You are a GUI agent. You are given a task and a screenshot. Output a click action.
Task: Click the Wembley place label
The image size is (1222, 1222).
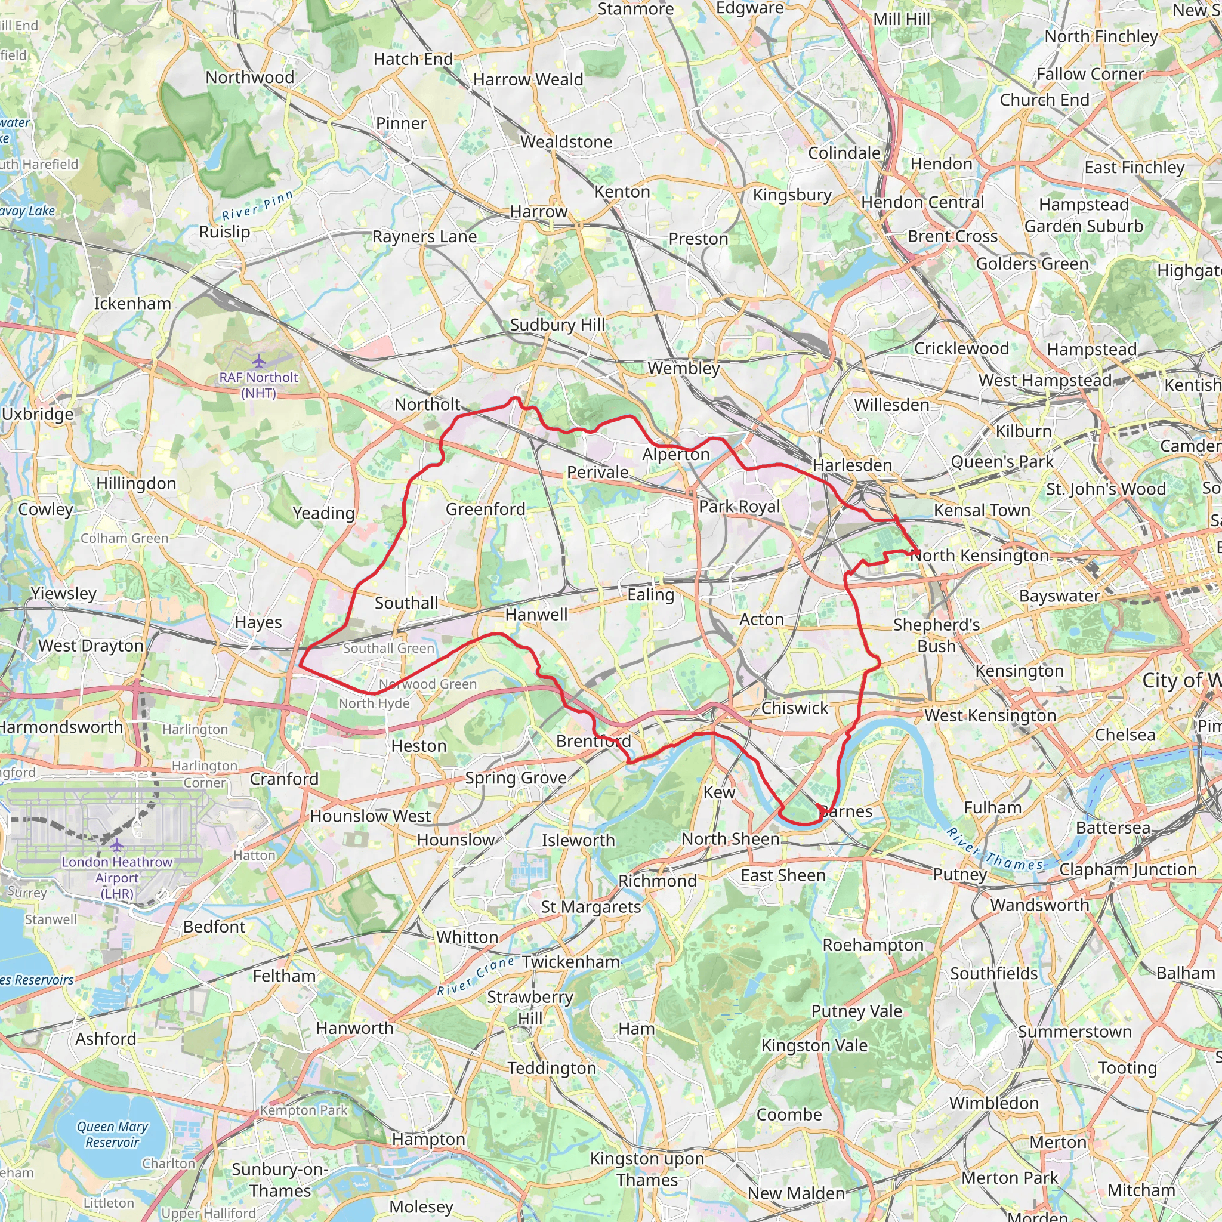[x=683, y=368]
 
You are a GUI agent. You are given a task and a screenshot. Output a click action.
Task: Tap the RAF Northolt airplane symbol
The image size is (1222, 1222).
[x=259, y=362]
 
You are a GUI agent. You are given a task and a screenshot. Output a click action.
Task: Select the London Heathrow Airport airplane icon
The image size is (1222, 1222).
[x=117, y=845]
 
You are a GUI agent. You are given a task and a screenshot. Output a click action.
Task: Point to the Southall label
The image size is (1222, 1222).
[x=406, y=603]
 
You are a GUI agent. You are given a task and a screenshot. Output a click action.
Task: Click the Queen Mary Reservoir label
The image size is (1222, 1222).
[x=112, y=1134]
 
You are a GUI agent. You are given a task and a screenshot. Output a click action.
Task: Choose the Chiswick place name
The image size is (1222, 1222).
[x=794, y=708]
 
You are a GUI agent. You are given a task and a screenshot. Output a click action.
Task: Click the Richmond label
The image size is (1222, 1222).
[x=657, y=881]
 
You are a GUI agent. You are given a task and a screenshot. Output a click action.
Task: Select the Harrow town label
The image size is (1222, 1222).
[x=539, y=211]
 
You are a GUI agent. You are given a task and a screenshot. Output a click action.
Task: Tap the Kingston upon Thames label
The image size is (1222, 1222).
[x=646, y=1169]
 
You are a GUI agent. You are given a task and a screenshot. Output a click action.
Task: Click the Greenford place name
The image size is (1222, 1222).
[x=485, y=509]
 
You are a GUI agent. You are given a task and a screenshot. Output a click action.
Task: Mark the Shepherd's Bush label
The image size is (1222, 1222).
[x=936, y=635]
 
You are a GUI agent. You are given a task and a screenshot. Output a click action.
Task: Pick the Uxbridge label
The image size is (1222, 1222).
[x=38, y=414]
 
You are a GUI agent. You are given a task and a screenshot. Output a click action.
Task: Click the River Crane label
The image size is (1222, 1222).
[x=476, y=976]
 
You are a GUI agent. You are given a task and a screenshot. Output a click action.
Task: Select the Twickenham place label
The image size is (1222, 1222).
[x=570, y=961]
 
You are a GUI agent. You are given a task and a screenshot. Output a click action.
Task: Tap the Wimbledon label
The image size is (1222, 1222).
[x=993, y=1103]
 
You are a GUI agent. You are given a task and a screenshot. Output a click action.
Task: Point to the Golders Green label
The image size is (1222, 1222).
[x=1032, y=264]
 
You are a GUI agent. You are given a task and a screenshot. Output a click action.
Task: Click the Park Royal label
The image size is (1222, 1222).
[x=739, y=507]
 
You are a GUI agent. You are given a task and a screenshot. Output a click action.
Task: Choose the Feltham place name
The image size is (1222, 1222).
[x=284, y=976]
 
